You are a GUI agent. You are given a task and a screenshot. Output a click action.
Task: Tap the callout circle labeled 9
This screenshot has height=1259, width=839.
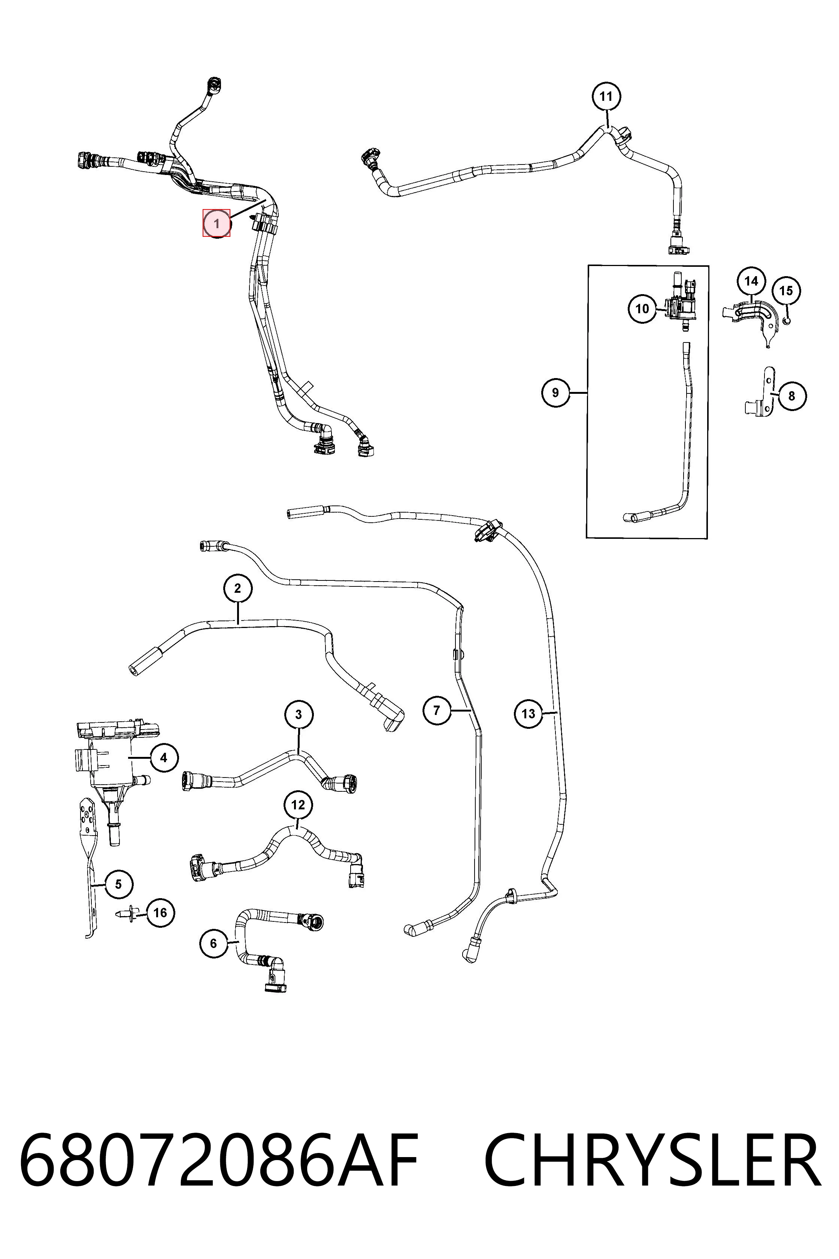[x=555, y=393]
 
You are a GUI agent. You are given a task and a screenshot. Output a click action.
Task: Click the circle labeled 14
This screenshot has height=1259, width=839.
[x=751, y=281]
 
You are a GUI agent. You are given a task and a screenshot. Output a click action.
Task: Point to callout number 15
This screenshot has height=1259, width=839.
[x=786, y=291]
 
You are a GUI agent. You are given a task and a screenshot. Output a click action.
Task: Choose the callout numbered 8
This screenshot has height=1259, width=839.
[x=792, y=396]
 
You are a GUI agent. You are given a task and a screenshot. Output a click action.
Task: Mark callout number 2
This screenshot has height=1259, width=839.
[x=237, y=589]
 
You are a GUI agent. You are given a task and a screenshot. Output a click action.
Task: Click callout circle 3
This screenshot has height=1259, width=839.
[x=299, y=714]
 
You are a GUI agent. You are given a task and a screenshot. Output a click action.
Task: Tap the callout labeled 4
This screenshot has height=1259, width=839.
[x=164, y=757]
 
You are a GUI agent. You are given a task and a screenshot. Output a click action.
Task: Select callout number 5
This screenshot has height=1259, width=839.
[x=119, y=884]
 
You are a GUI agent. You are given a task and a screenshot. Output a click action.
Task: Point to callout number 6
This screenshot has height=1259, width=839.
[x=213, y=943]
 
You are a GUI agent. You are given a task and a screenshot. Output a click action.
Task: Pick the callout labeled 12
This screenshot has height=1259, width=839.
[x=298, y=804]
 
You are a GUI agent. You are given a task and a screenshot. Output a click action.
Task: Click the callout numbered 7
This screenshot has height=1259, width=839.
[x=437, y=710]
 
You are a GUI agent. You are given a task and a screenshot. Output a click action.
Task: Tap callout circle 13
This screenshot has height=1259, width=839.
[x=528, y=713]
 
